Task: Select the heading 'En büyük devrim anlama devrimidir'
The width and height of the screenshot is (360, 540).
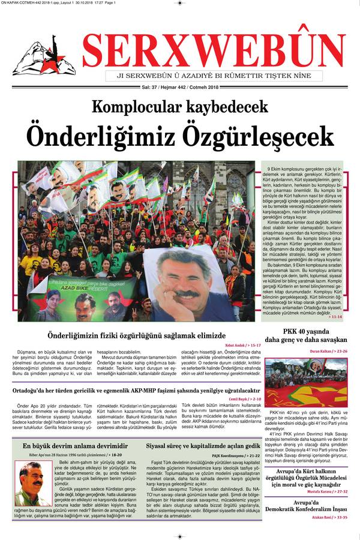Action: pyautogui.click(x=75, y=446)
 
